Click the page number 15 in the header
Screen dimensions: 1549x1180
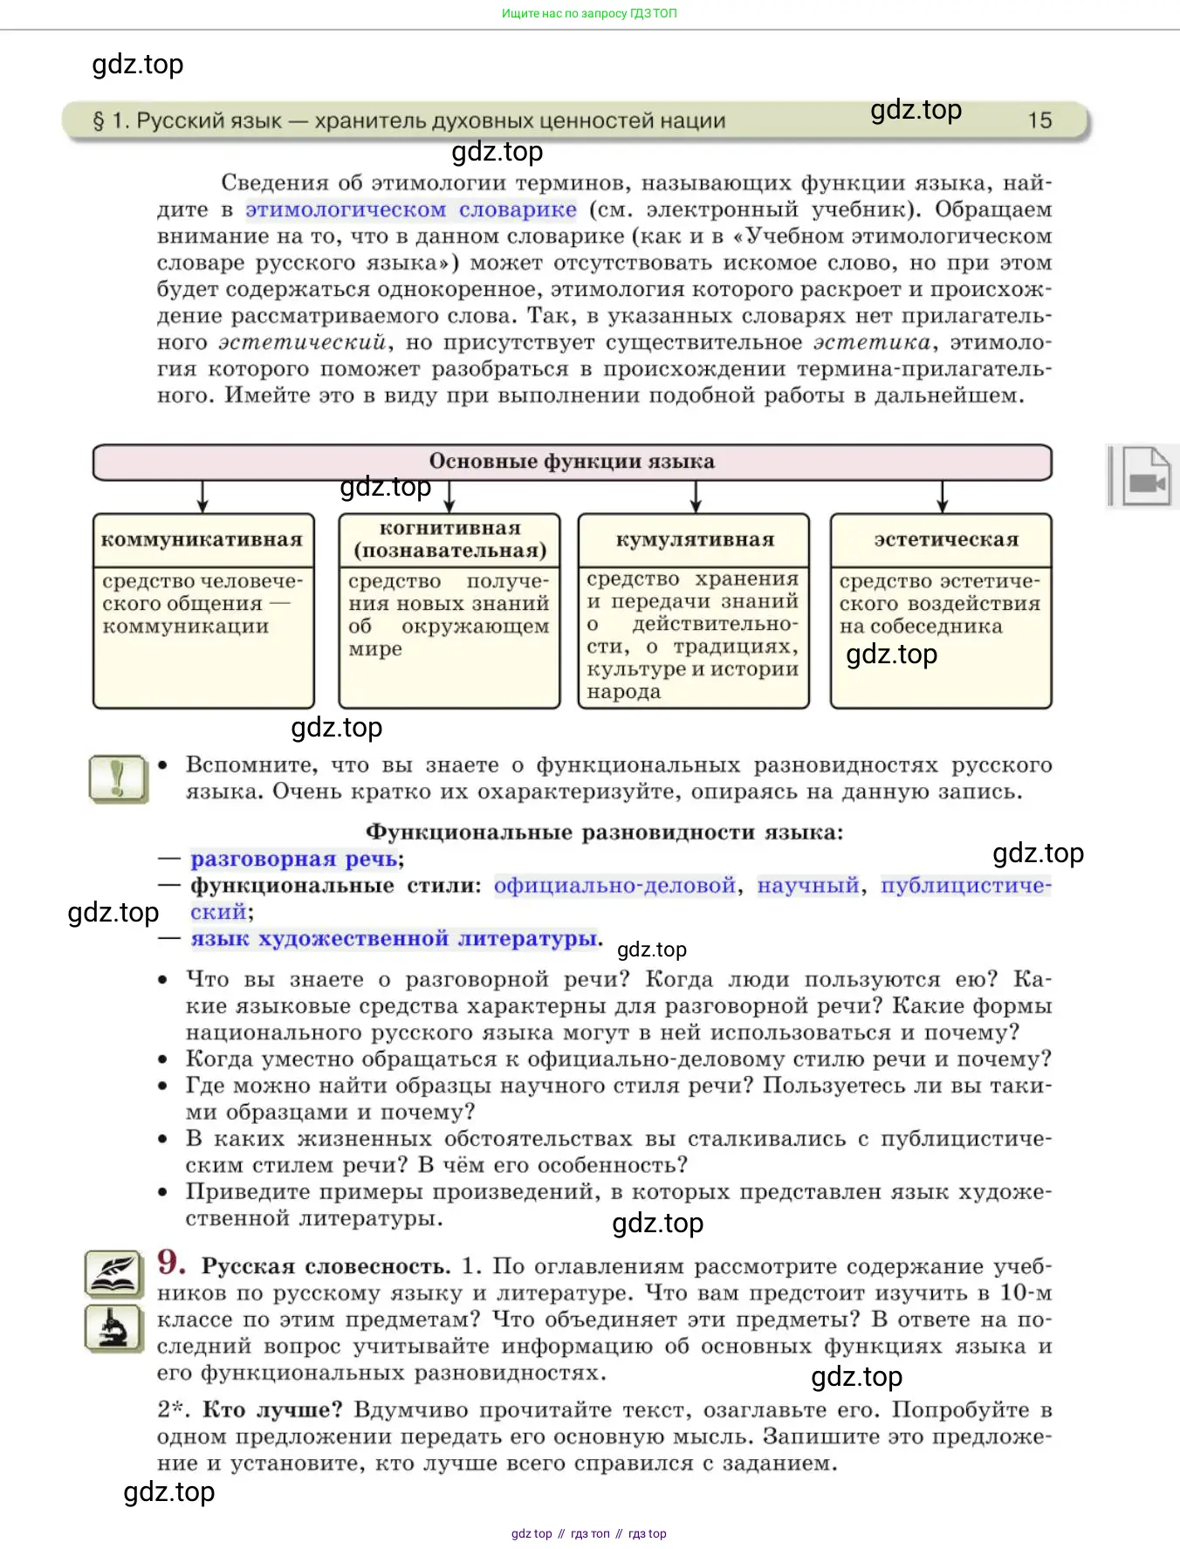click(x=1039, y=120)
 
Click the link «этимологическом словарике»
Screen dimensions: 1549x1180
click(x=411, y=209)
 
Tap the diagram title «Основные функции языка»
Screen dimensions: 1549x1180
click(x=572, y=462)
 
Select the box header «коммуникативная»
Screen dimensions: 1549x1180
click(x=202, y=540)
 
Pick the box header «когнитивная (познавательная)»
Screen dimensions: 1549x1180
click(x=449, y=539)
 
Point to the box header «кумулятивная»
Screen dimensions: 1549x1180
click(x=695, y=540)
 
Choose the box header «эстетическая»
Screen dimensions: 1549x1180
click(x=946, y=540)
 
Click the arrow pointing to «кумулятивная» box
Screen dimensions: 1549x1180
click(x=696, y=497)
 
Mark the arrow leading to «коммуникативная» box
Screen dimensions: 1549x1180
click(x=203, y=497)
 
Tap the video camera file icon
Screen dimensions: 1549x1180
click(x=1145, y=476)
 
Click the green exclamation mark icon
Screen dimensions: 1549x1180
click(x=119, y=778)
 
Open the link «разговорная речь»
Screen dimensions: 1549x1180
click(x=294, y=859)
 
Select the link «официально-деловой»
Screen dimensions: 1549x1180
click(x=614, y=886)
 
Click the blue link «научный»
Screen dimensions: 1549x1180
click(x=808, y=886)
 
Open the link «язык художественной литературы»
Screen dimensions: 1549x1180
click(x=395, y=939)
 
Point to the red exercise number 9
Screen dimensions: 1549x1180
click(x=171, y=1262)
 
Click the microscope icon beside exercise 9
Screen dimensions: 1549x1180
click(x=113, y=1328)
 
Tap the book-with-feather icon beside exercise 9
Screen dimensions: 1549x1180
click(x=113, y=1273)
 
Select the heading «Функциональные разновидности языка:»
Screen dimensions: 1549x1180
click(x=604, y=832)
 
